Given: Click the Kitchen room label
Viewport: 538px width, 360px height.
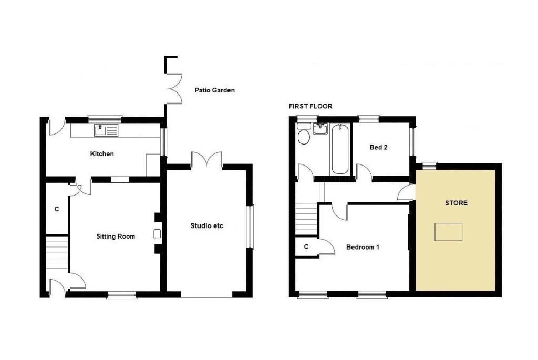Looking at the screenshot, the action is [x=102, y=154].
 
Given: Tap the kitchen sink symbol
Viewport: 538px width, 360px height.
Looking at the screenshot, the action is [x=106, y=130].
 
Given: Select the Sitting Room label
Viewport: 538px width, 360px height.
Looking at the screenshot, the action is [x=116, y=236].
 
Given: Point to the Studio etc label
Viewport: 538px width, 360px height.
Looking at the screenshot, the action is [x=206, y=226].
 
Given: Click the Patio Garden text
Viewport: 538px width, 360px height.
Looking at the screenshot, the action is [x=215, y=90].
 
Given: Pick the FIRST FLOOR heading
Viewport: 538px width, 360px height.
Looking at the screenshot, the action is [x=311, y=106].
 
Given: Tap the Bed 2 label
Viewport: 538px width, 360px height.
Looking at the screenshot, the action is [x=378, y=147].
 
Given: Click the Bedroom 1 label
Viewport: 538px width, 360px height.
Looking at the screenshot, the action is [x=363, y=247].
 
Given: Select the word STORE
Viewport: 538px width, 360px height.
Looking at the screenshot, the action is [x=457, y=203].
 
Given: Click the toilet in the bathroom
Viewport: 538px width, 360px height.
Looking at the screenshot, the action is [x=304, y=135].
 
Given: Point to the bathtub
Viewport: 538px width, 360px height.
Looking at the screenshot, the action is [x=340, y=149].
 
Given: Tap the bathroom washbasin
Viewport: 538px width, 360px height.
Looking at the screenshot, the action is [x=321, y=129].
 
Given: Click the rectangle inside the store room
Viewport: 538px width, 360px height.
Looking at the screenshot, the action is [x=449, y=232].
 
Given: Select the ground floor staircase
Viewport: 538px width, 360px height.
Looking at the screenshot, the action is [x=57, y=253].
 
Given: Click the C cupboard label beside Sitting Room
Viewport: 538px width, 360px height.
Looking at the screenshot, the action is [x=57, y=209].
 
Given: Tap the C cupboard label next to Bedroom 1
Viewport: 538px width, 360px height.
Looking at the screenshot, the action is [x=306, y=247].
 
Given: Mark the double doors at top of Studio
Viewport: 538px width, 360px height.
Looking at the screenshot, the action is [x=206, y=160].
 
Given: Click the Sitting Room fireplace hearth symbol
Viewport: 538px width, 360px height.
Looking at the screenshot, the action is [x=157, y=234].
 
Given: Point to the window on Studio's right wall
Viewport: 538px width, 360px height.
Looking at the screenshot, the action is [x=251, y=227].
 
